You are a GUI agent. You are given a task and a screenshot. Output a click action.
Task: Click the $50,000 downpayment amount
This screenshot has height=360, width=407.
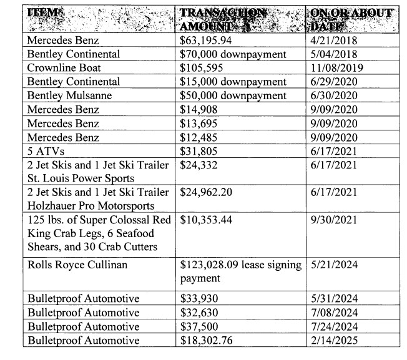[233, 95]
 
